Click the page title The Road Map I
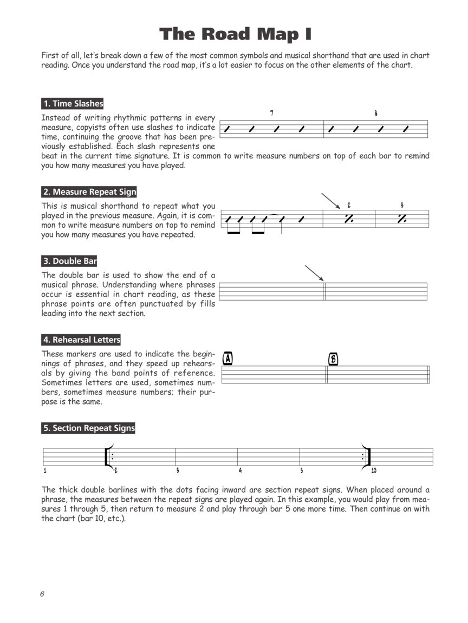235,35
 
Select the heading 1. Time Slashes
73,103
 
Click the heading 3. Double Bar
69,261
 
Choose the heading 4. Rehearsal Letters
81,340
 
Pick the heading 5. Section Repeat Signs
89,428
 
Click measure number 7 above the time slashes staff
271,113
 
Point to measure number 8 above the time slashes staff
375,114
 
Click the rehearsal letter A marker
228,359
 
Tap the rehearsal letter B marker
333,359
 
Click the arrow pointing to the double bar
314,273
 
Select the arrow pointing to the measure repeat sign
330,201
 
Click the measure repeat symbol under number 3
402,218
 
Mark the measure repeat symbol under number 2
349,218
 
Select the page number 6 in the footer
42,594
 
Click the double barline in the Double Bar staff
324,291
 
